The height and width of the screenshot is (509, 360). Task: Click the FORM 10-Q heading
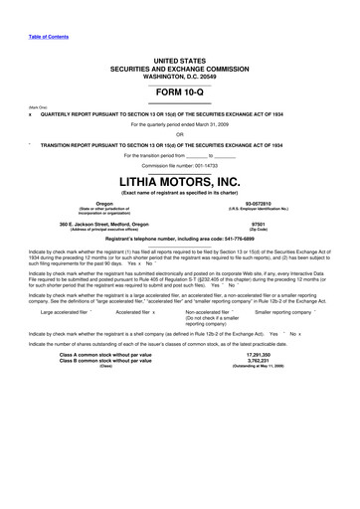(x=179, y=89)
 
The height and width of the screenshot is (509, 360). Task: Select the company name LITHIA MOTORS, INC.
(x=179, y=183)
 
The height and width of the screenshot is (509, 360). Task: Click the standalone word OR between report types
(x=179, y=134)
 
